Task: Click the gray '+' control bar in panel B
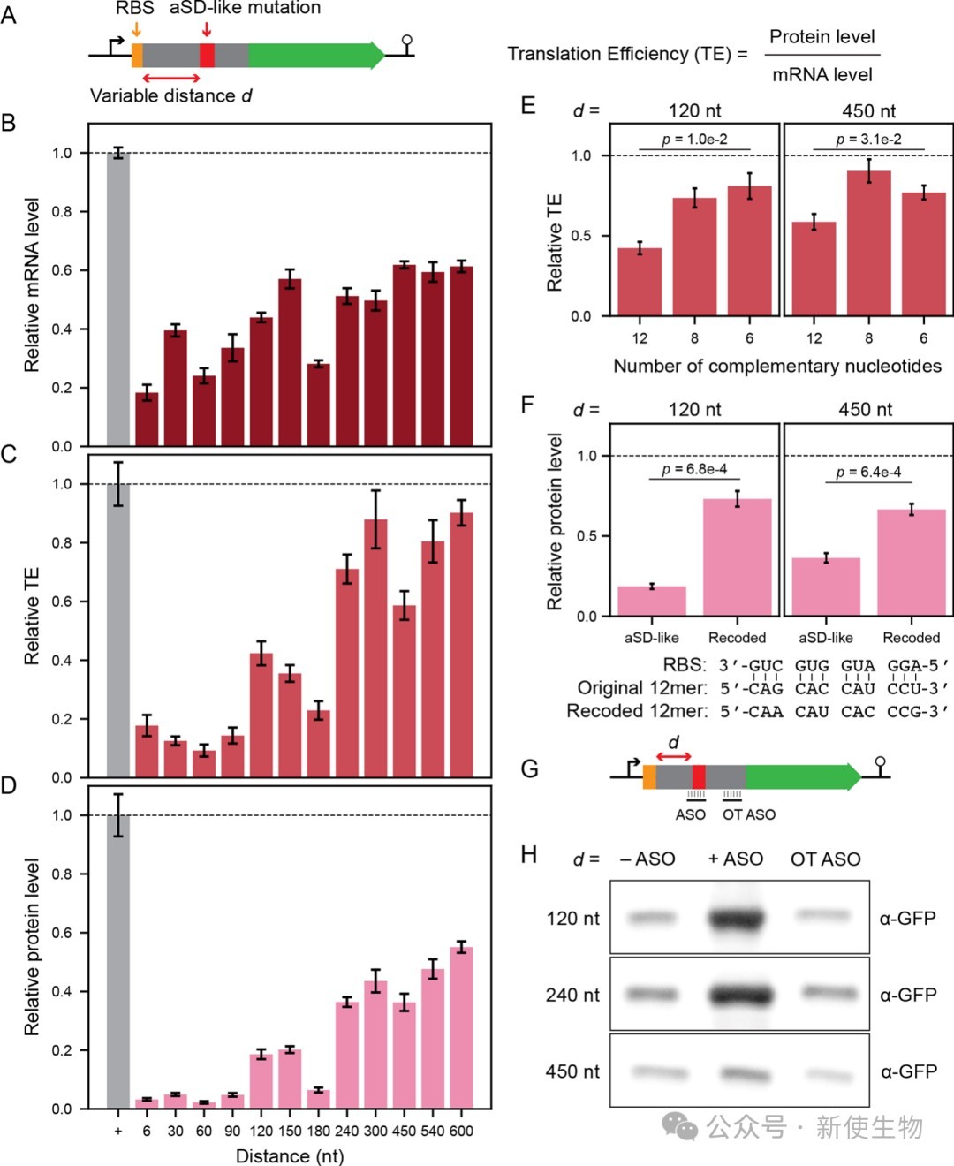coord(117,299)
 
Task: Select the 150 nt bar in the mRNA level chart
coord(290,362)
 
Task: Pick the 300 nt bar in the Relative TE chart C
coord(375,648)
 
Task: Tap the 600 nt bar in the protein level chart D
coord(461,1028)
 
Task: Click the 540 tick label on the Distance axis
coord(433,1132)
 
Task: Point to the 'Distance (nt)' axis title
coord(290,1156)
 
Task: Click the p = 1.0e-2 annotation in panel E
coord(694,140)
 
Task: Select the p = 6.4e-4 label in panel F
coord(868,472)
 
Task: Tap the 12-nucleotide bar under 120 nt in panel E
coord(640,282)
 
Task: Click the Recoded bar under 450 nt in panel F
coord(912,563)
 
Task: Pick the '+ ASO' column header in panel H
coord(736,859)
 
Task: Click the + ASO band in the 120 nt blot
coord(736,919)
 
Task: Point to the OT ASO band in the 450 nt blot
coord(827,1073)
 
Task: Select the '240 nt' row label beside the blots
coord(572,996)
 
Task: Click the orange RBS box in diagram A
coord(137,56)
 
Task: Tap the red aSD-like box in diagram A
coord(207,56)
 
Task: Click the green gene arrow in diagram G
coord(803,776)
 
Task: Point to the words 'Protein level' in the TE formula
coord(821,37)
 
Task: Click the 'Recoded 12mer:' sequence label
coord(637,711)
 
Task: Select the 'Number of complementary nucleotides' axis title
coord(777,366)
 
